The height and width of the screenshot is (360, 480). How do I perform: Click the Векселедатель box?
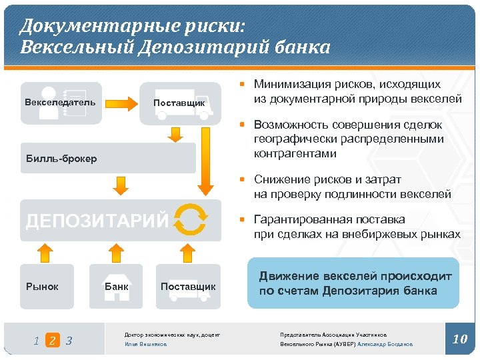[x=61, y=103]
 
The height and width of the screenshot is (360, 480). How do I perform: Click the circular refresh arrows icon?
[x=190, y=219]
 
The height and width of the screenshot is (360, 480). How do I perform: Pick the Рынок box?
[x=46, y=286]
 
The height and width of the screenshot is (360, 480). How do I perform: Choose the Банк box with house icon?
[x=117, y=286]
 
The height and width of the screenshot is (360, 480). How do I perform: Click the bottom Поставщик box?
[x=188, y=287]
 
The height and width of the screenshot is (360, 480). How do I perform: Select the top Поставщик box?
[x=179, y=103]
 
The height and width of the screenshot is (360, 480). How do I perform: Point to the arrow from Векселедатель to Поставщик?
[x=121, y=103]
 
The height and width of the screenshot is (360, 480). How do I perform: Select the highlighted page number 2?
[x=53, y=341]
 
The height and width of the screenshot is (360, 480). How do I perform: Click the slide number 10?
[x=460, y=339]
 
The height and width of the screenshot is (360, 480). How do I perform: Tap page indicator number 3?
[x=69, y=341]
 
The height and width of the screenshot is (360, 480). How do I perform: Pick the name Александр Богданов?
[x=385, y=344]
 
